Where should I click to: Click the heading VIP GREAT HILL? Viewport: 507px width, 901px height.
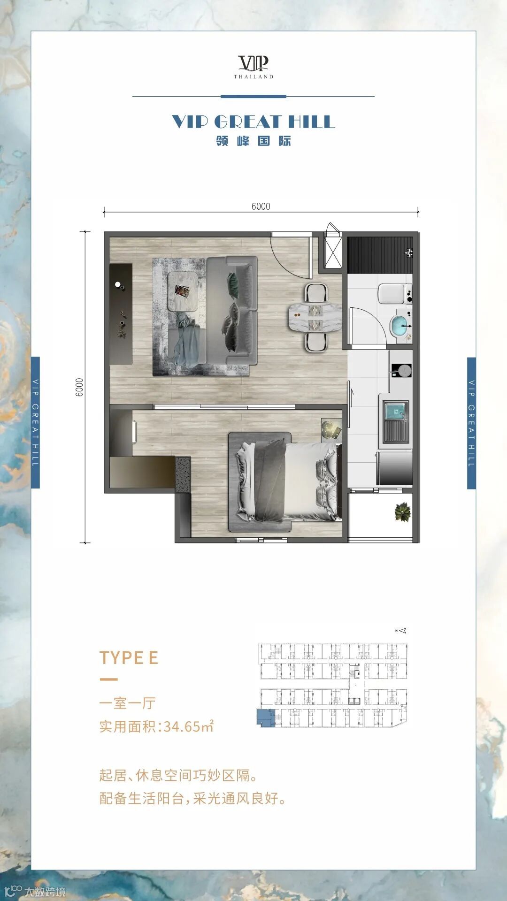coord(253,122)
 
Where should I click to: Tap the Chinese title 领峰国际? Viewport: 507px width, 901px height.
coord(253,141)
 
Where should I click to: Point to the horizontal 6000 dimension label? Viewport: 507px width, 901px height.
coord(261,206)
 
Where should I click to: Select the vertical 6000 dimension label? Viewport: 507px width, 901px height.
coord(79,388)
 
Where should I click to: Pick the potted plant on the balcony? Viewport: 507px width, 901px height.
coord(403,512)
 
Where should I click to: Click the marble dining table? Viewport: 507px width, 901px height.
coord(315,318)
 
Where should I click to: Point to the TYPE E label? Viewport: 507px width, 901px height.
coord(129,658)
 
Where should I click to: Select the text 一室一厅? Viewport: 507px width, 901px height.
coord(127,703)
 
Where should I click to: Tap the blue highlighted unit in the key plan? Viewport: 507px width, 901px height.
coord(266,718)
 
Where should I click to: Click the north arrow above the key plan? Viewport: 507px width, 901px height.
coord(401,631)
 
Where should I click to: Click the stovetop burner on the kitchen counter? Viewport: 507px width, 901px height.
coord(401,371)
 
